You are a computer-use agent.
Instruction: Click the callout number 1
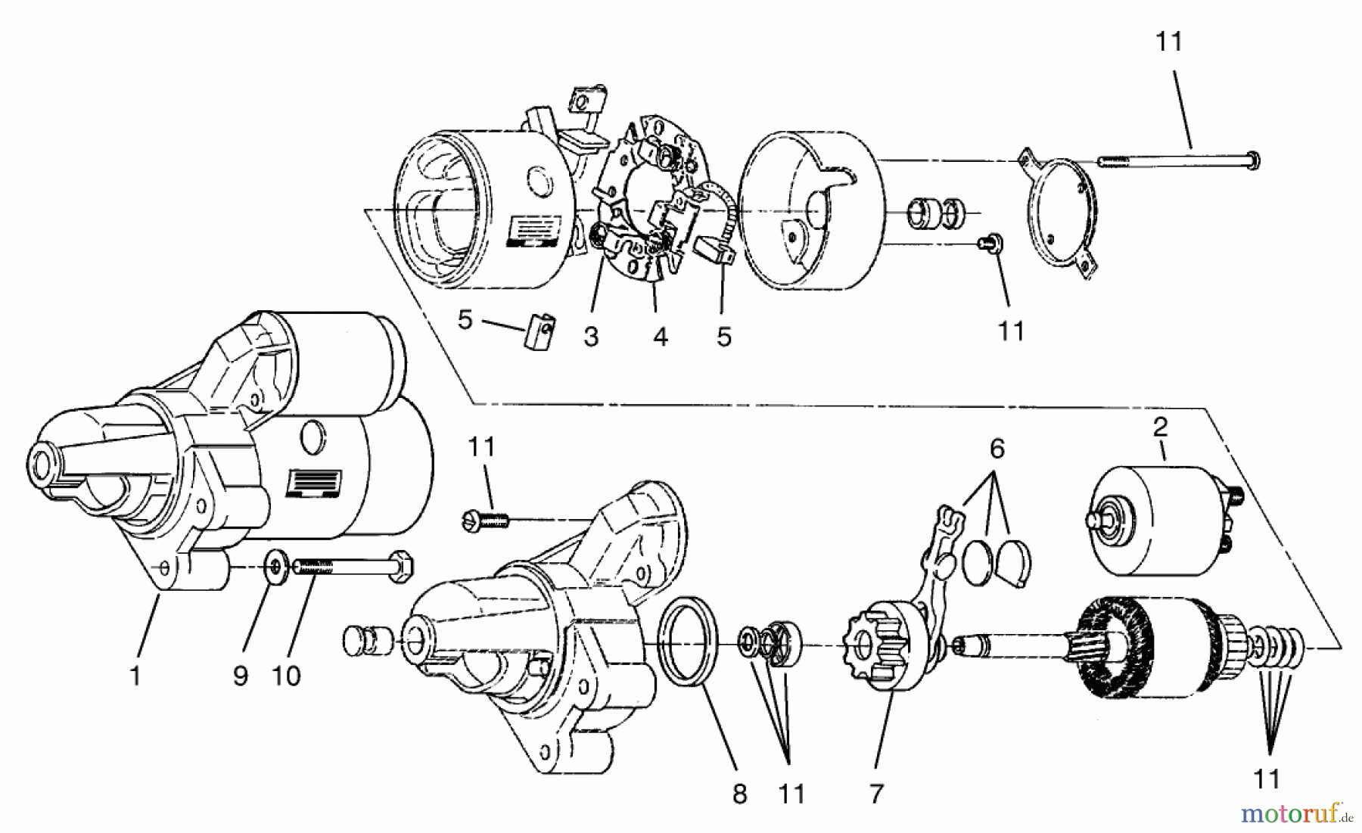[135, 675]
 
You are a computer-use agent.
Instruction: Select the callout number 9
[241, 675]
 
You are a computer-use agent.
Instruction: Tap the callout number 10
[286, 675]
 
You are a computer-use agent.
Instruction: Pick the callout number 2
[1160, 427]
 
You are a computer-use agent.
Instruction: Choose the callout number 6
[997, 449]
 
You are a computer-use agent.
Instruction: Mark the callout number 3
[591, 337]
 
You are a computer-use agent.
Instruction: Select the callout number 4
[661, 337]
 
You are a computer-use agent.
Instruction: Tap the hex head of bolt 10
[400, 567]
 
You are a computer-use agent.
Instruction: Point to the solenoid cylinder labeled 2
[1154, 522]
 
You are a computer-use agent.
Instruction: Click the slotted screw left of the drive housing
[484, 519]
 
